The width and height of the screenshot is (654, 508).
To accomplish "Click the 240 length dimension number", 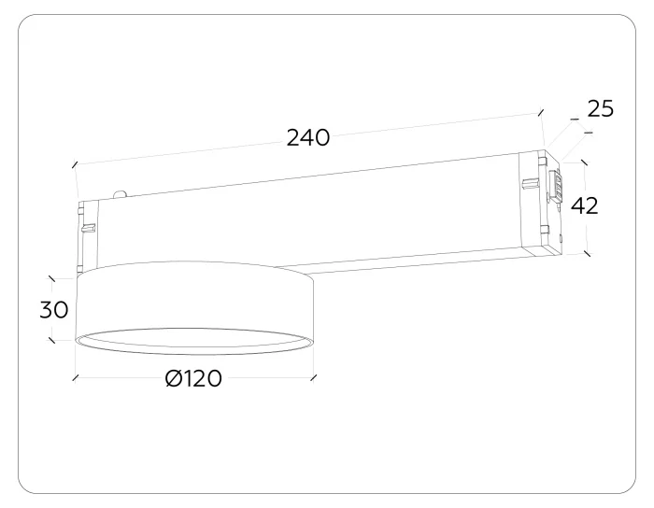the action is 307,137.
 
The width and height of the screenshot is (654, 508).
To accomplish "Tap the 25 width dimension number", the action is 601,108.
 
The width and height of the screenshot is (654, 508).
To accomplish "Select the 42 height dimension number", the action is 584,205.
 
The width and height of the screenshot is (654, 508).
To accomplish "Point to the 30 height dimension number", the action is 54,310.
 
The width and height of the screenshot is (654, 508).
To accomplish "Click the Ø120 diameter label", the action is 193,378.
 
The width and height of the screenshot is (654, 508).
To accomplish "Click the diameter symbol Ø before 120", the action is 174,378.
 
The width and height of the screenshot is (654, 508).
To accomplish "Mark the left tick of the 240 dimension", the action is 75,164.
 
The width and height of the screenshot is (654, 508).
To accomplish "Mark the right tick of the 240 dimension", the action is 541,112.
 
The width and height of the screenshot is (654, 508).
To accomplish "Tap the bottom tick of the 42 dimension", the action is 588,253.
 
